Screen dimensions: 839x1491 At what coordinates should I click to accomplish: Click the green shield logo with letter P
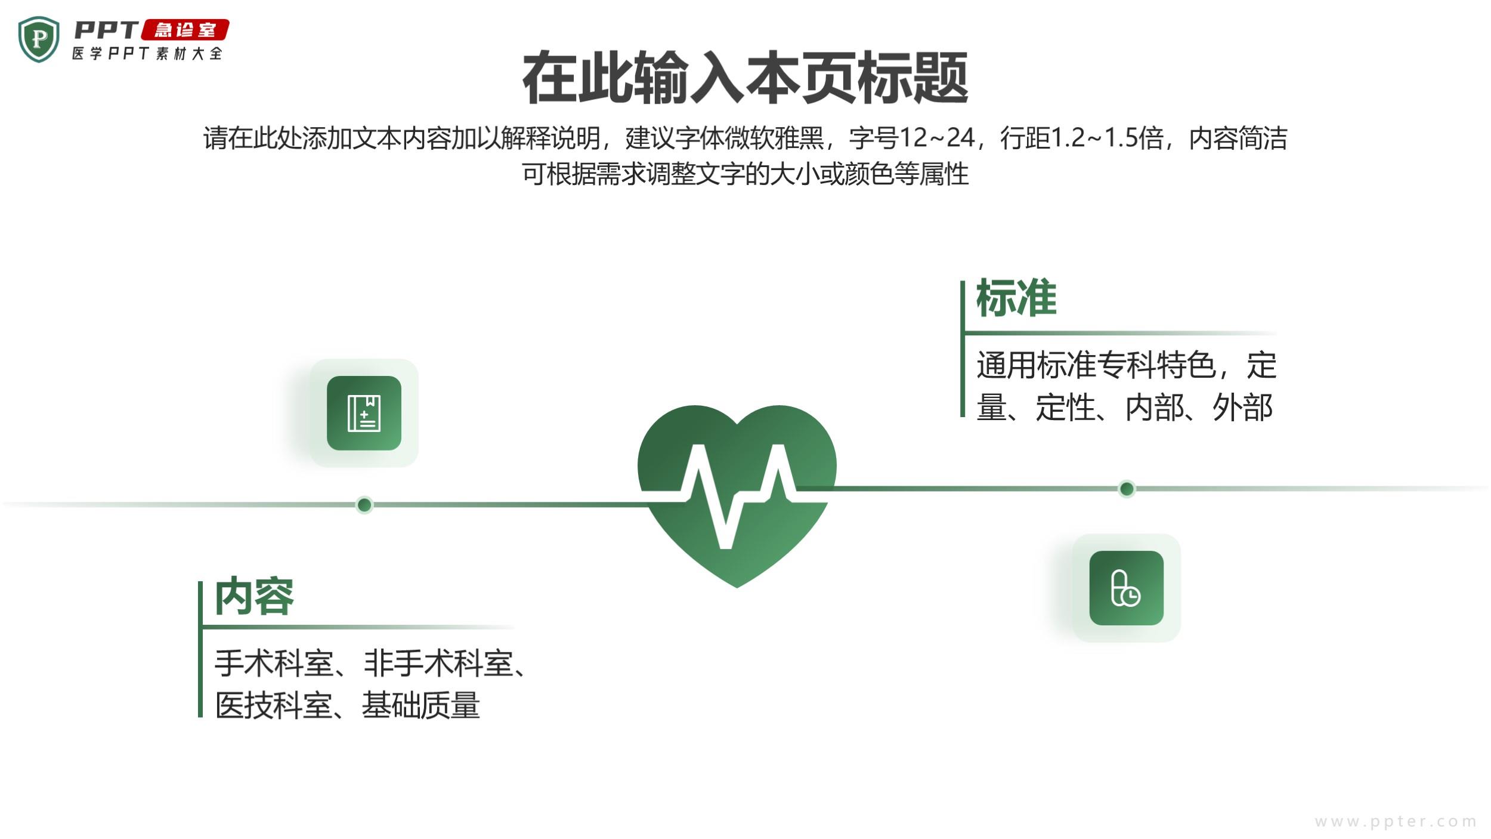(x=39, y=39)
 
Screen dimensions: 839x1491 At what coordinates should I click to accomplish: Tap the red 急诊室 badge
(x=185, y=30)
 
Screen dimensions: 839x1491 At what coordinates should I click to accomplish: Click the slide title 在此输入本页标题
(x=745, y=78)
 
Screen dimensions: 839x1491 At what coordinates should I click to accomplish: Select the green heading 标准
(x=1016, y=298)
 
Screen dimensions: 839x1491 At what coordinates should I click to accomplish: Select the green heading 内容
(x=254, y=596)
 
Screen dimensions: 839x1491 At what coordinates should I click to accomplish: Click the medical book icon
(x=364, y=413)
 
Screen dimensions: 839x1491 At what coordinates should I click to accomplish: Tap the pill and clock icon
(x=1126, y=588)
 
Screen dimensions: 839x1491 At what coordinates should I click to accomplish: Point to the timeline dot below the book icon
(x=364, y=505)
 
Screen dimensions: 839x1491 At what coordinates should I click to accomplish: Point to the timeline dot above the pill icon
(x=1127, y=489)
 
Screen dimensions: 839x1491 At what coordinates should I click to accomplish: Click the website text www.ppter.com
(x=1396, y=822)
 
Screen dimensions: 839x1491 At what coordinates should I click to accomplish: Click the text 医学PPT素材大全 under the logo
(x=147, y=54)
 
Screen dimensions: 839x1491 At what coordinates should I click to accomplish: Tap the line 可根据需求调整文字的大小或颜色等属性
(x=745, y=174)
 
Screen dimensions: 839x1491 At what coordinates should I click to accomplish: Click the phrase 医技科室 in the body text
(x=273, y=705)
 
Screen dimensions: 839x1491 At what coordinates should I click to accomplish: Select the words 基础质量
(x=420, y=705)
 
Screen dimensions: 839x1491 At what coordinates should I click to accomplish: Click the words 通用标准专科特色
(x=1096, y=365)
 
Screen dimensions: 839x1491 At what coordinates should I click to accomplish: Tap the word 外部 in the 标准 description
(x=1243, y=408)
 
